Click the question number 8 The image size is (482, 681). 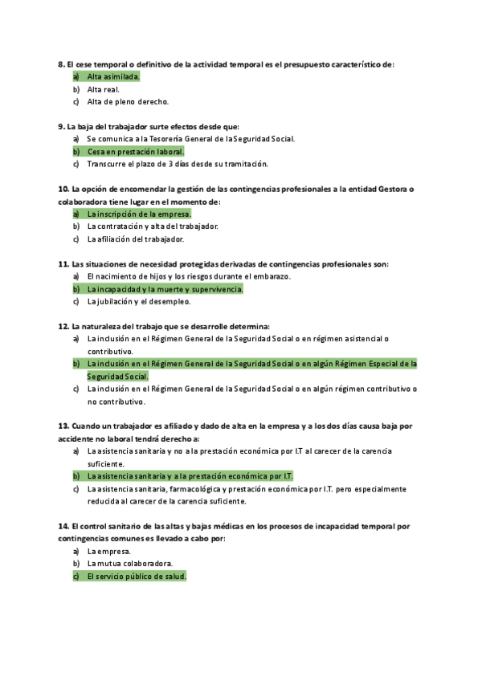point(62,64)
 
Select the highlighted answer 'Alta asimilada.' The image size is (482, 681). point(113,76)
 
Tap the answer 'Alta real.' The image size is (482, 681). point(104,89)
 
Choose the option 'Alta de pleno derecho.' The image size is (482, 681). point(128,102)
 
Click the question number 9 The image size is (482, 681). point(62,126)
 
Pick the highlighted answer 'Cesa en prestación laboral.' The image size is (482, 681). point(136,151)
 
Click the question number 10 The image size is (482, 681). point(63,189)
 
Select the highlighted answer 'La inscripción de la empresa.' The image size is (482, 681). point(139,214)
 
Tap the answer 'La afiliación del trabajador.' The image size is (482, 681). point(136,239)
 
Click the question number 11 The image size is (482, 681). point(63,263)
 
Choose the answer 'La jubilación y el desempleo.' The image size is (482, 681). point(139,301)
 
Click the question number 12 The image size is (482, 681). point(63,326)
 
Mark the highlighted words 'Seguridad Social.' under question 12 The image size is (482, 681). point(118,376)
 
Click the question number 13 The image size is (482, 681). point(63,426)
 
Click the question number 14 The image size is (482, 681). point(63,526)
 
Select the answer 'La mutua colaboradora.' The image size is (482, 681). point(130,564)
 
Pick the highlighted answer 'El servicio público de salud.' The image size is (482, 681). point(137,577)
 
